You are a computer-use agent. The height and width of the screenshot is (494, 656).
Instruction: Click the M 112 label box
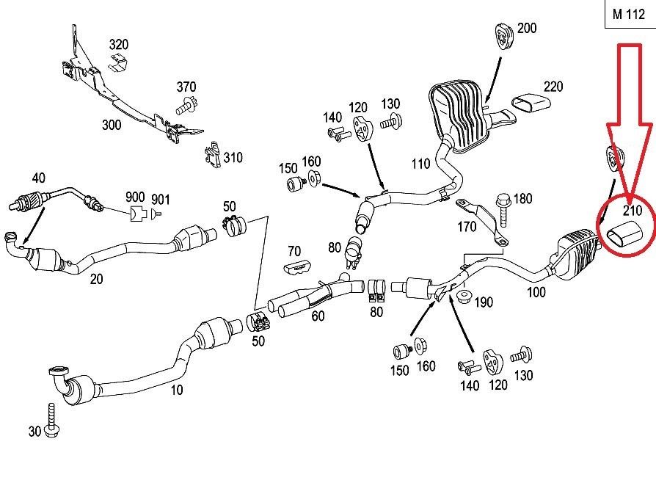point(628,14)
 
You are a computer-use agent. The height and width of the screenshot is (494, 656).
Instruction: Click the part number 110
point(420,164)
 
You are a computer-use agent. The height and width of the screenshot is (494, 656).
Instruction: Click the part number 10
point(177,391)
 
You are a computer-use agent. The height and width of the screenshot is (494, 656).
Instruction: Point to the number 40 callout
point(38,178)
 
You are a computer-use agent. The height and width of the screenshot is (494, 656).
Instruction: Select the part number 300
point(111,126)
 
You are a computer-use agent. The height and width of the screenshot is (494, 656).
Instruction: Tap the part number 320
point(118,45)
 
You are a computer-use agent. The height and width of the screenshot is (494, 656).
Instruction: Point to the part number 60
point(318,316)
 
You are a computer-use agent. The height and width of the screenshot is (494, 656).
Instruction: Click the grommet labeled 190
point(462,297)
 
